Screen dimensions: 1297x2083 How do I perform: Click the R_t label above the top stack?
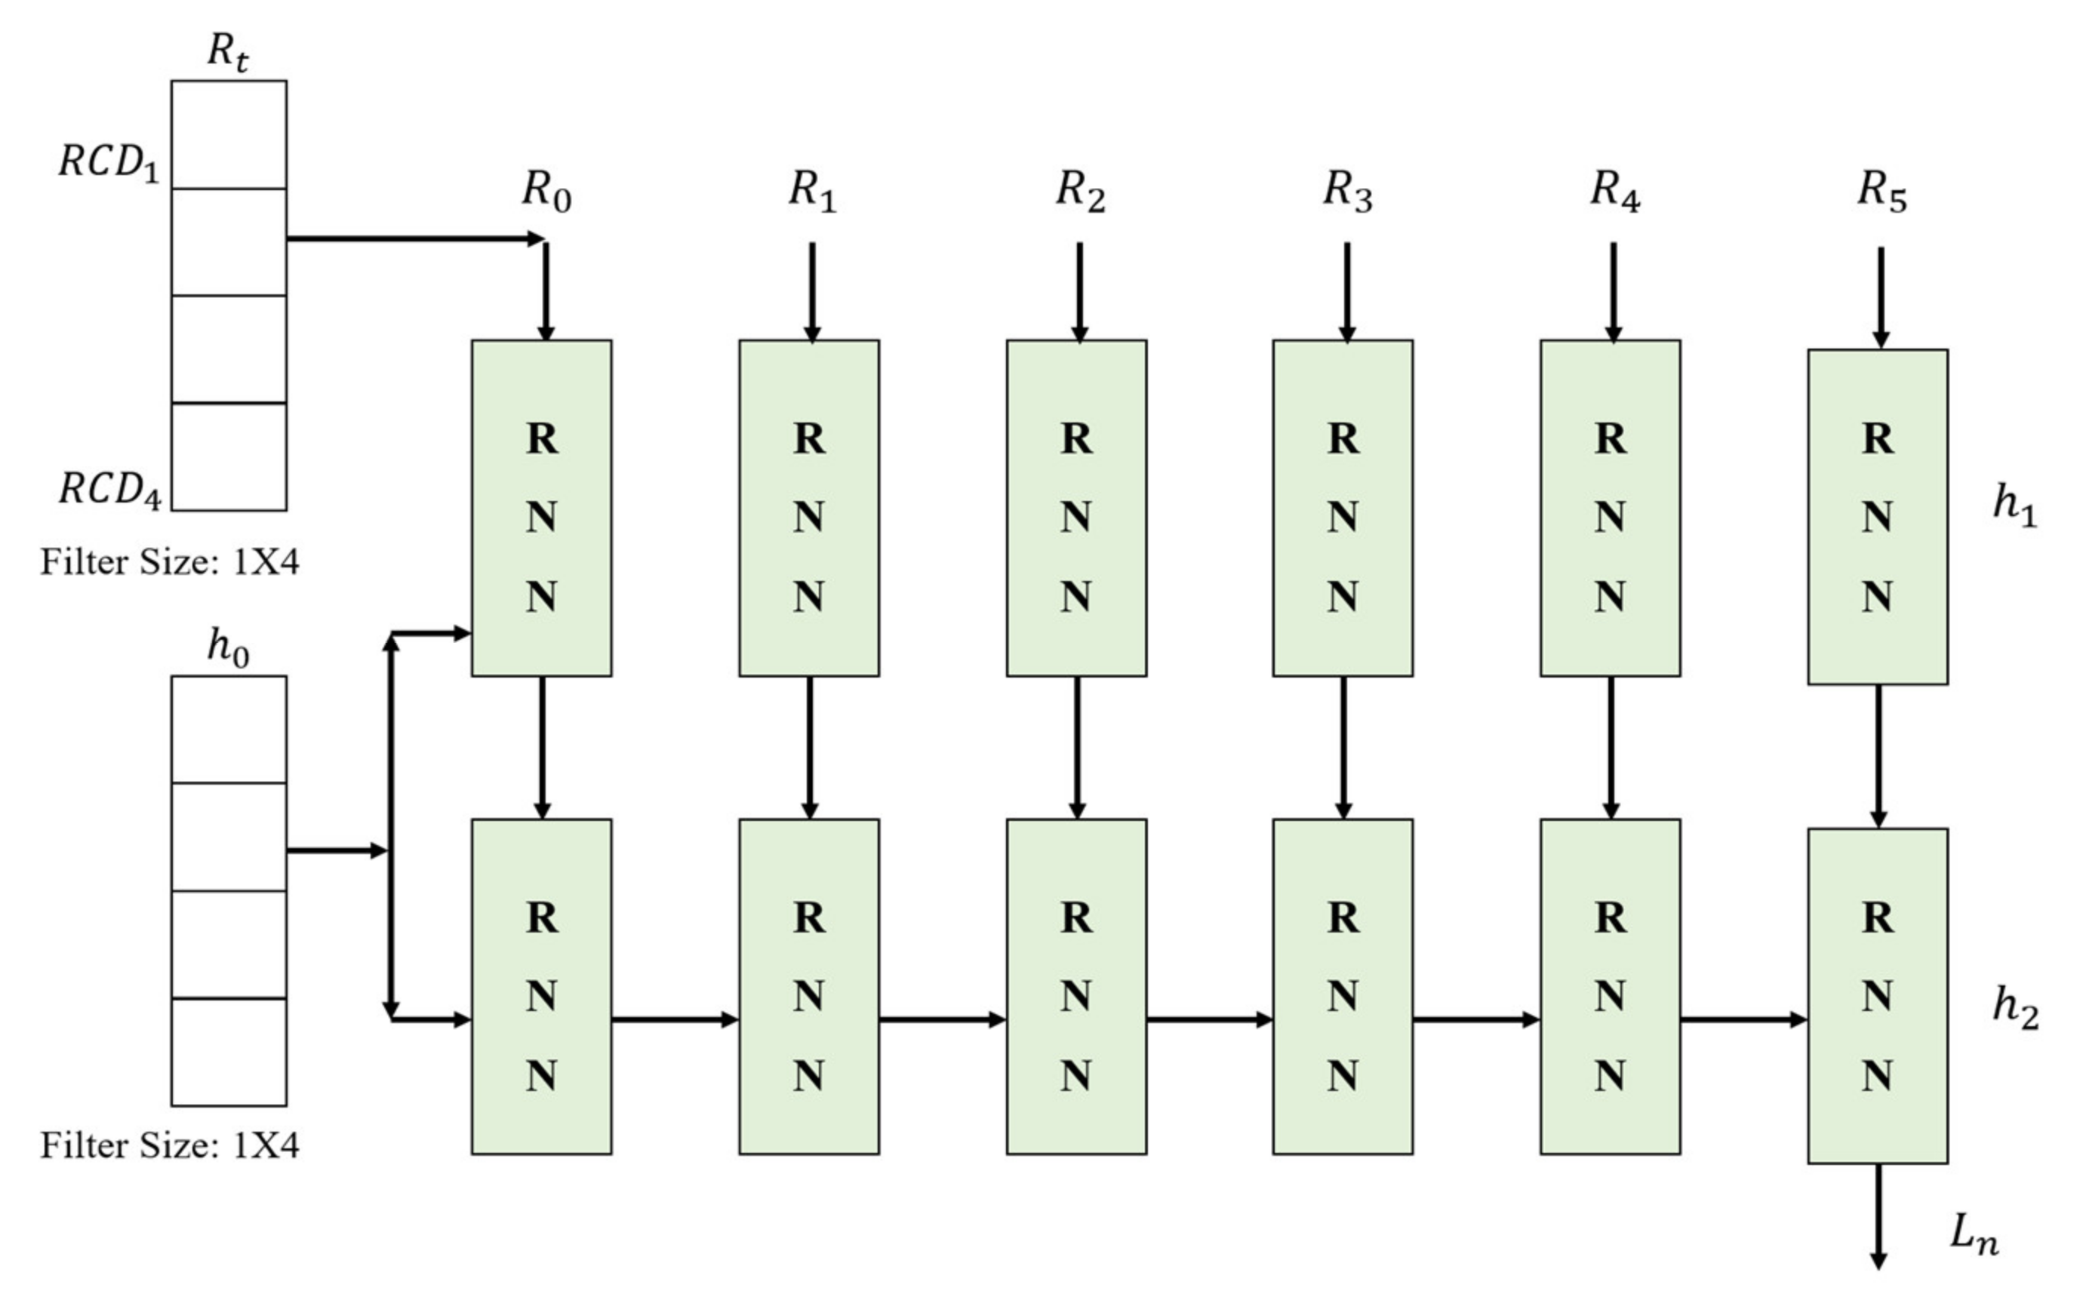(x=228, y=51)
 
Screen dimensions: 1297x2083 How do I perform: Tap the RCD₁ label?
(x=109, y=162)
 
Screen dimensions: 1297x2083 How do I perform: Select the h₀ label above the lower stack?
(x=228, y=647)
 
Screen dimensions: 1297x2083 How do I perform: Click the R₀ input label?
(x=546, y=190)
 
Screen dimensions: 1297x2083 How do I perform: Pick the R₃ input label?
(x=1347, y=190)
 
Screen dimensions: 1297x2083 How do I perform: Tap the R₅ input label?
(x=1881, y=190)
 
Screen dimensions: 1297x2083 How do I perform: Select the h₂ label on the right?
(x=2014, y=1007)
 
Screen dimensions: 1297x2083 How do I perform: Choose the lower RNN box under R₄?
(x=1610, y=986)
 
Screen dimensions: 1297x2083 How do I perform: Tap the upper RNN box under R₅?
(x=1877, y=516)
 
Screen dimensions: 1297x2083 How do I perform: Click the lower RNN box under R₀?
(x=541, y=986)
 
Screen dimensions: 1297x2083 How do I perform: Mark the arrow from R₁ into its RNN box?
(x=811, y=292)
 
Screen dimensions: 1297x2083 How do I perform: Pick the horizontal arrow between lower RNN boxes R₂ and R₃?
(x=1209, y=1019)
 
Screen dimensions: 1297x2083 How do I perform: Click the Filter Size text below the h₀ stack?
(x=170, y=1146)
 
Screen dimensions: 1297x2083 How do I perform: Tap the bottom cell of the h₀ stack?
(x=228, y=1052)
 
